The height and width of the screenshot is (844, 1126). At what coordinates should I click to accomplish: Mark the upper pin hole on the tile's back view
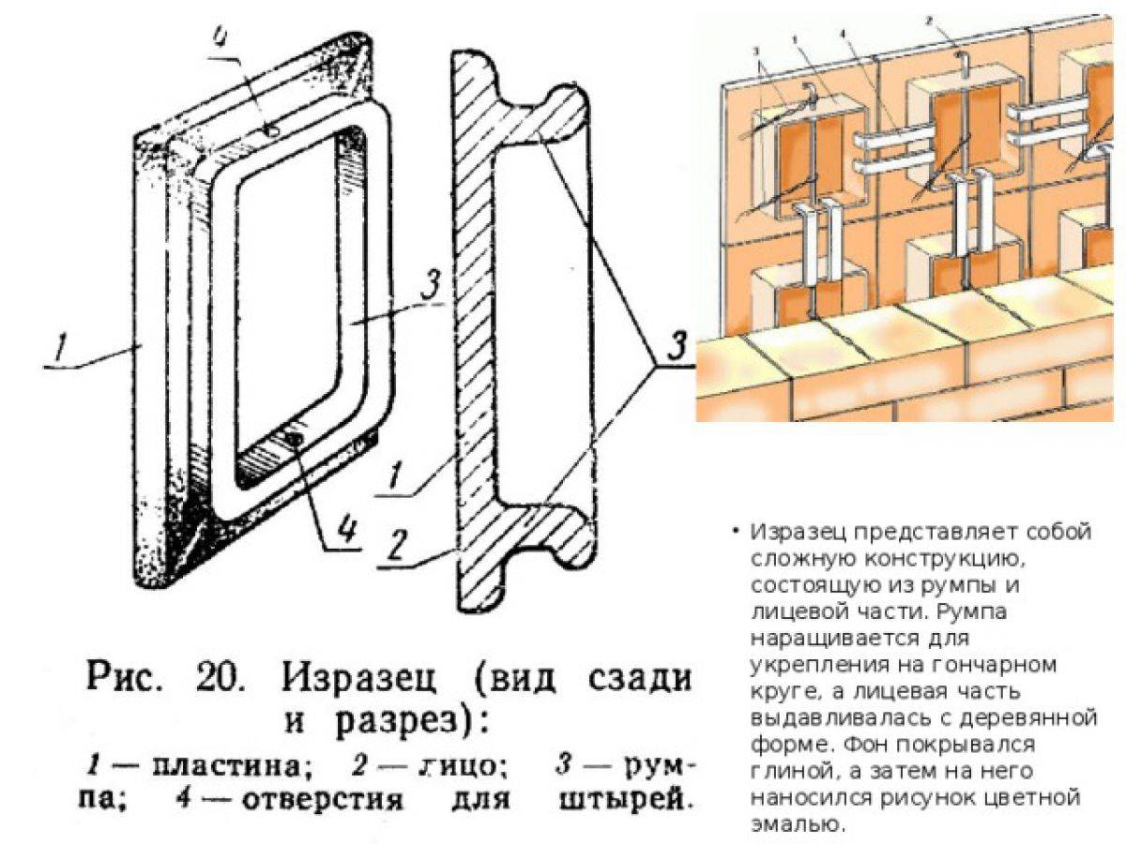[x=269, y=129]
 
